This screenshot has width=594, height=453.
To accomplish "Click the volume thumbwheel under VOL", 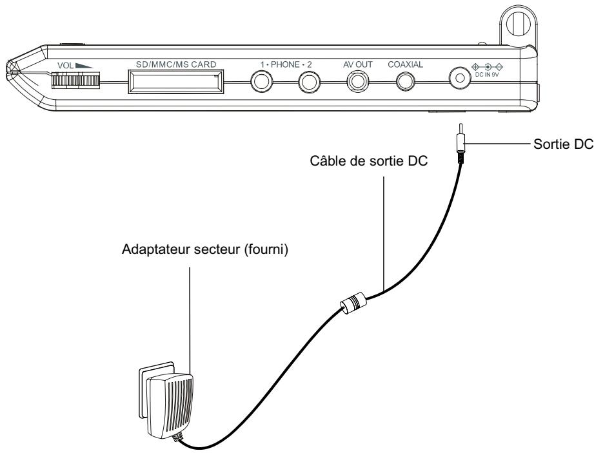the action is coord(75,81).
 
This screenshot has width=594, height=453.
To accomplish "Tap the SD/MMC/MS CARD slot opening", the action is coord(176,81).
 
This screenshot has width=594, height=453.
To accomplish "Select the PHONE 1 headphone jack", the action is coord(262,82).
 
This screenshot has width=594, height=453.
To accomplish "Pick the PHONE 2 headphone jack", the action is coord(310,82).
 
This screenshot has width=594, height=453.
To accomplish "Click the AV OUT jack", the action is coord(358,81).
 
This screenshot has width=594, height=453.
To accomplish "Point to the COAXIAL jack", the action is coord(406,81).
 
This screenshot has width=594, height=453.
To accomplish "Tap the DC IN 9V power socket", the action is coord(460,78).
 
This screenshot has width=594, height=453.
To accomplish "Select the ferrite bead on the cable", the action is coord(354,303).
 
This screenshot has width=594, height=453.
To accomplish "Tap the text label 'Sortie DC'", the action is coord(563,144).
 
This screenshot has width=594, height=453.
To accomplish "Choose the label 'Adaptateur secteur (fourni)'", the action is coord(205,250).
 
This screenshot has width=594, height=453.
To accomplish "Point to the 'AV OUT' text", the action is coord(358,64).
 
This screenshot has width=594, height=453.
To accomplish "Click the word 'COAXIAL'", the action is coord(405,64).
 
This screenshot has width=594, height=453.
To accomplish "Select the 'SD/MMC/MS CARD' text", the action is coord(176,64).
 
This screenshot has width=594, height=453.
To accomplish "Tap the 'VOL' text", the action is coord(65,66).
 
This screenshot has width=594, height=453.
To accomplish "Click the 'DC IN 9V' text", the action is coord(487,75).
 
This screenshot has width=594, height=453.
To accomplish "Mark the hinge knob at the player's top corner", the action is coord(518,23).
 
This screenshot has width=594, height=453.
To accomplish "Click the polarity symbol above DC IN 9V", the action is coord(487,67).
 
